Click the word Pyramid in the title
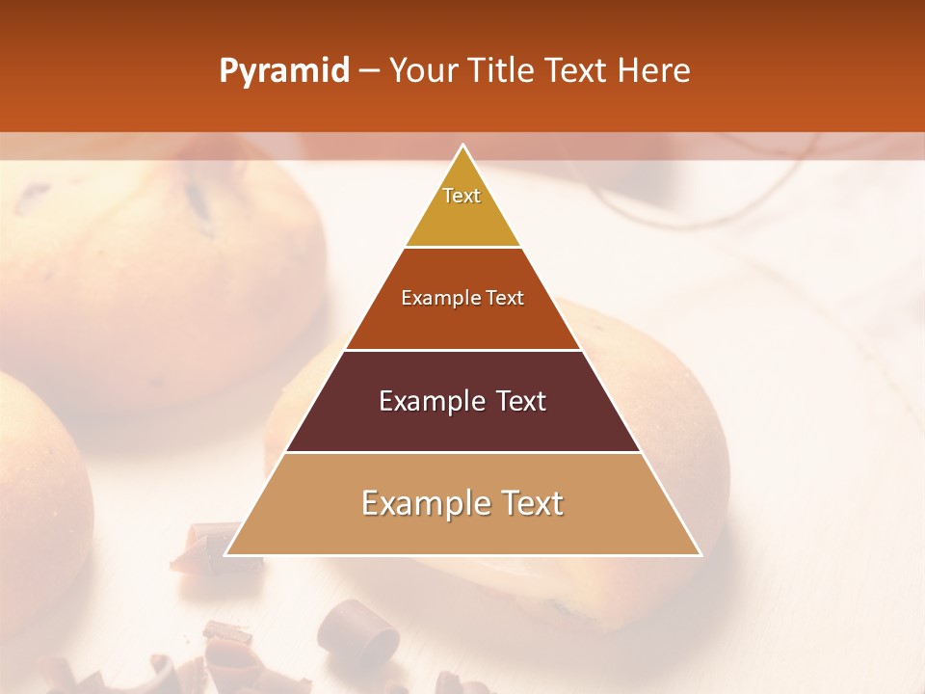pos(283,71)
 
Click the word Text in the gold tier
pos(462,196)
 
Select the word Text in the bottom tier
pos(530,503)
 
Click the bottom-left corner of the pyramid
pos(225,555)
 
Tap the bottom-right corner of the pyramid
pos(700,555)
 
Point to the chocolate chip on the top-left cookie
pos(198,198)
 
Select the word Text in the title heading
pos(579,71)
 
